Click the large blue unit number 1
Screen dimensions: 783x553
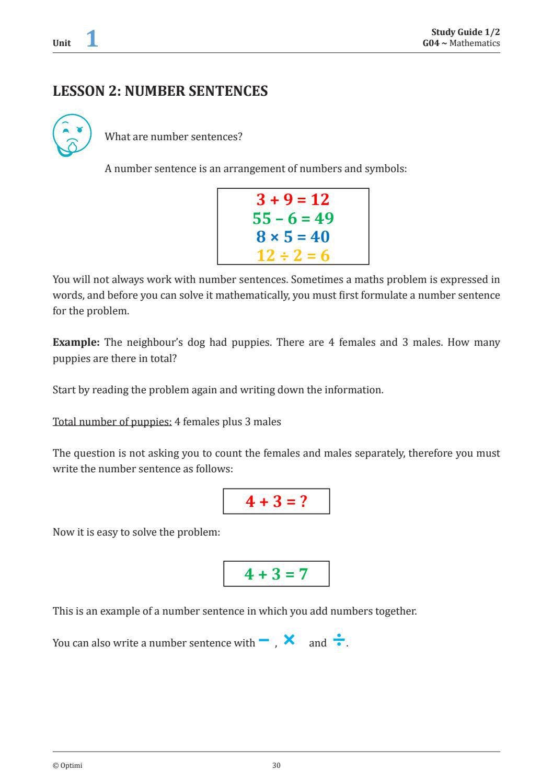point(92,39)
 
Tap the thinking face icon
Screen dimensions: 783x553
point(72,135)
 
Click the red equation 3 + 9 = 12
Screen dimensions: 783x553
point(293,199)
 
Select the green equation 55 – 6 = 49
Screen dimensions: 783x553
point(293,218)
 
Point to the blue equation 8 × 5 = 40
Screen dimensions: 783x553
point(293,237)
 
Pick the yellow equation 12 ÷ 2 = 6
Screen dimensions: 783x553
point(293,255)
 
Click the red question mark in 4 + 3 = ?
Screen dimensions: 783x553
point(303,501)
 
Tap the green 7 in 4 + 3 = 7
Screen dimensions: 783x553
point(303,574)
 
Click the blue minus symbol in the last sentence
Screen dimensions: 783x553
point(263,641)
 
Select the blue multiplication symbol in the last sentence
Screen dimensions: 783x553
point(289,639)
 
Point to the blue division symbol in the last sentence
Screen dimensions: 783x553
point(339,640)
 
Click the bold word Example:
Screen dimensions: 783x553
point(76,343)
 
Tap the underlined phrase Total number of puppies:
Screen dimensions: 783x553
point(112,422)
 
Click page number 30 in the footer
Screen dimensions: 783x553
point(276,766)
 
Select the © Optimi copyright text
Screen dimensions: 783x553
point(67,766)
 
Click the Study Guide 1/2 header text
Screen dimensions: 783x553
point(465,32)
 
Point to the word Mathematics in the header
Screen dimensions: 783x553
point(474,43)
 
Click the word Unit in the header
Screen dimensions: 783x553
point(62,43)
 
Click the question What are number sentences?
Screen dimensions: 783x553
point(174,137)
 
